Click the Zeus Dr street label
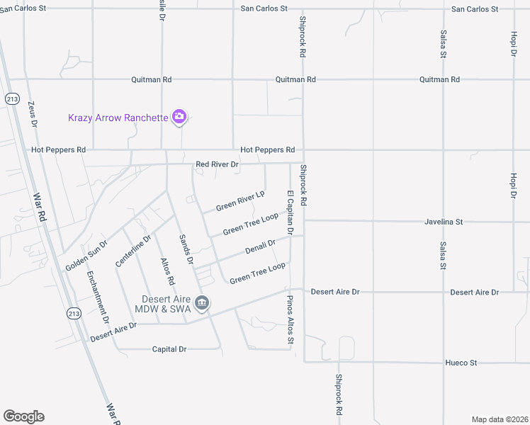click(32, 113)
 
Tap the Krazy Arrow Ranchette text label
click(118, 118)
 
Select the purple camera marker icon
click(179, 117)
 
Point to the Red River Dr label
click(217, 164)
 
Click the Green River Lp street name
click(240, 200)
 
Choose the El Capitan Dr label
click(290, 212)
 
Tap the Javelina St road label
click(444, 222)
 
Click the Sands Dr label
click(186, 249)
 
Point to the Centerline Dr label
click(134, 251)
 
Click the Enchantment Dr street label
click(98, 297)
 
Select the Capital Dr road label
click(169, 349)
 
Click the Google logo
click(23, 416)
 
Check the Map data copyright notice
click(499, 419)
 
